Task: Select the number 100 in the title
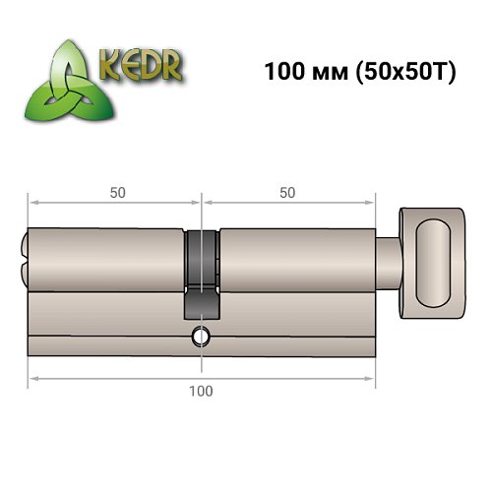(x=282, y=73)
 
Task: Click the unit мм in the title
(x=332, y=74)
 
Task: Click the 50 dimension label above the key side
(x=116, y=193)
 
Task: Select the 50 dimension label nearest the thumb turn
(x=287, y=193)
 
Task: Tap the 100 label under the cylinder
(x=201, y=391)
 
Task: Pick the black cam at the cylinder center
(x=201, y=271)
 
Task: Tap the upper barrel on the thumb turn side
(x=295, y=261)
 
